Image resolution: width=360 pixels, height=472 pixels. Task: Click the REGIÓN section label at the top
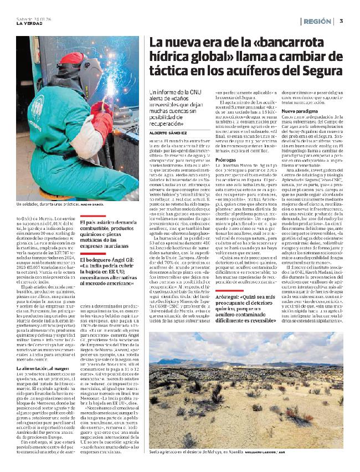318,21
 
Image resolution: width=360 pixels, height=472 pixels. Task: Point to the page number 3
341,21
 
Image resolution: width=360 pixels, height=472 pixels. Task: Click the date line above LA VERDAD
31,17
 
